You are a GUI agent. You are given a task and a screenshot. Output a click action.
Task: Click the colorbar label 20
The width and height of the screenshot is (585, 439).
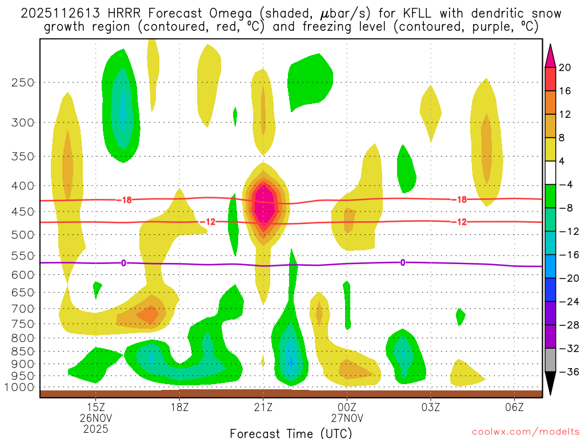(x=565, y=67)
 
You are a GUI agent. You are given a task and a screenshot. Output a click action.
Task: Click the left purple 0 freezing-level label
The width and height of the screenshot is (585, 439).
(x=123, y=263)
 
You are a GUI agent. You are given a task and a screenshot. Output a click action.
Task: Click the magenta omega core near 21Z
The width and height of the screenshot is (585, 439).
(x=263, y=203)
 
